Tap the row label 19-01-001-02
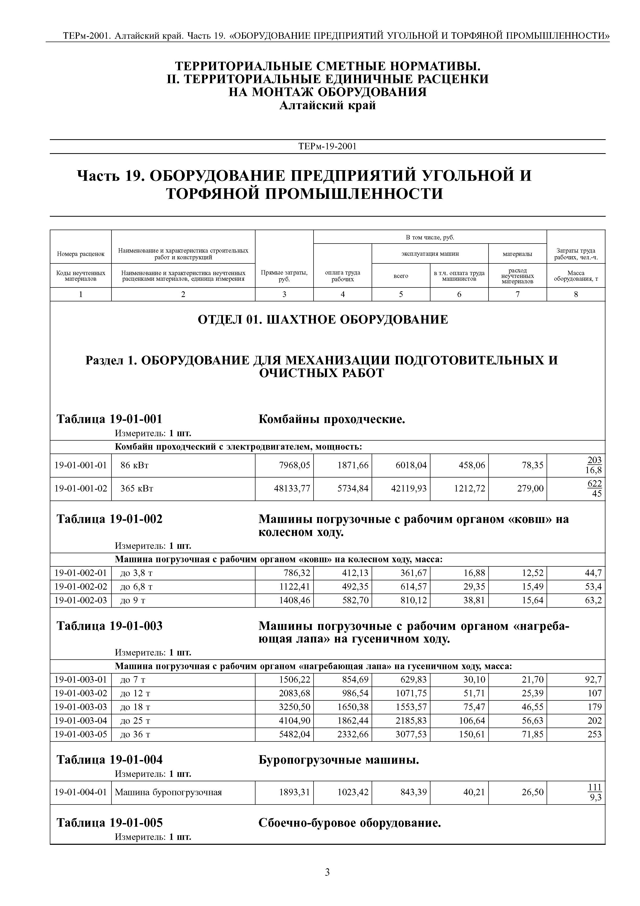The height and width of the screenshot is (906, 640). click(81, 489)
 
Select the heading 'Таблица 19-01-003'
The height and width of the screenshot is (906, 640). click(110, 626)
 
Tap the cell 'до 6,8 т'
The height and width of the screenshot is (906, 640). click(137, 587)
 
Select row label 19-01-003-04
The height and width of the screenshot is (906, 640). click(81, 721)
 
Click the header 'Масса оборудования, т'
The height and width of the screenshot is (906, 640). click(576, 276)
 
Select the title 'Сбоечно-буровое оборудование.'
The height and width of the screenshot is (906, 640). click(349, 823)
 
